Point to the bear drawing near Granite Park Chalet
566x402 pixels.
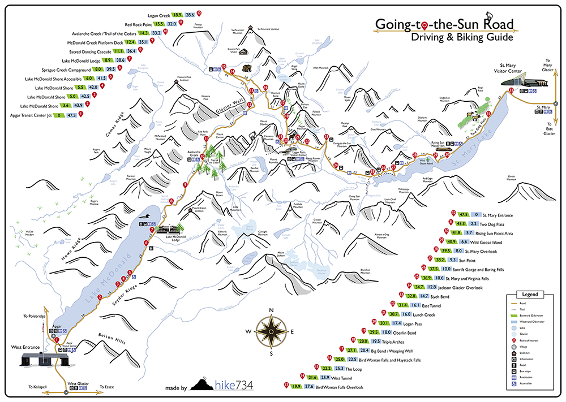[x=246, y=69]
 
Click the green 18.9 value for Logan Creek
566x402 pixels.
[x=177, y=14]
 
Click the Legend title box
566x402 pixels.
[x=530, y=295]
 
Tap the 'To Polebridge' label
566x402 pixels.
[x=35, y=316]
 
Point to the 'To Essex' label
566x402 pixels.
[x=108, y=387]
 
